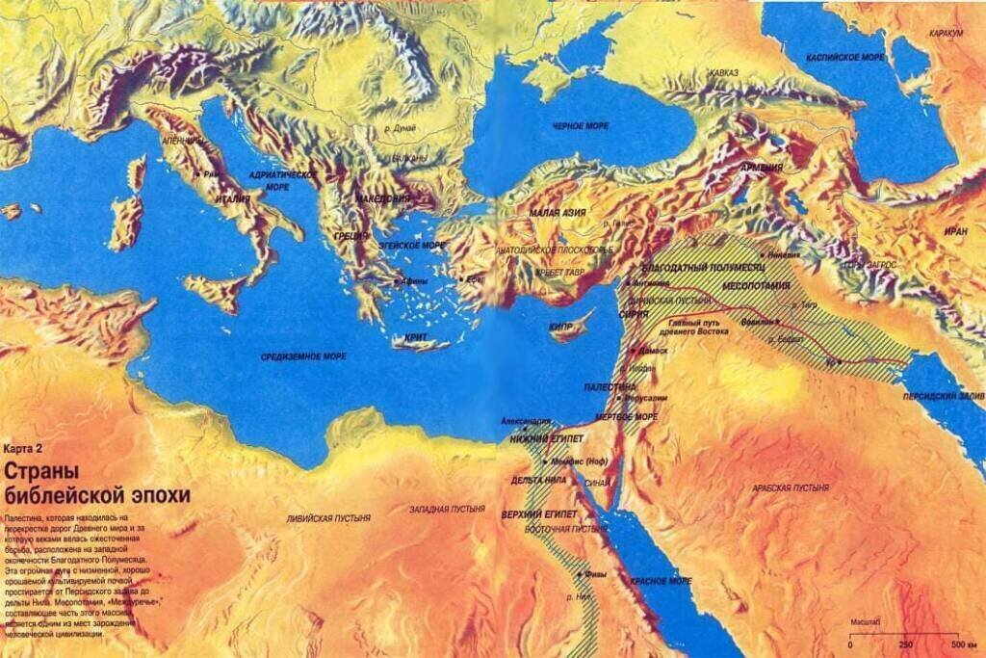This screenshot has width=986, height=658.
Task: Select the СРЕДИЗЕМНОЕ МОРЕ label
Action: (303, 356)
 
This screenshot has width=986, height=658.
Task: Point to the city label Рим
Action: (212, 174)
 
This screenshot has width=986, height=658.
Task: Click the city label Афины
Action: (413, 281)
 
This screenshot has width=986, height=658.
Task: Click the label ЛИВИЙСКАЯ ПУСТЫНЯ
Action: (327, 518)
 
